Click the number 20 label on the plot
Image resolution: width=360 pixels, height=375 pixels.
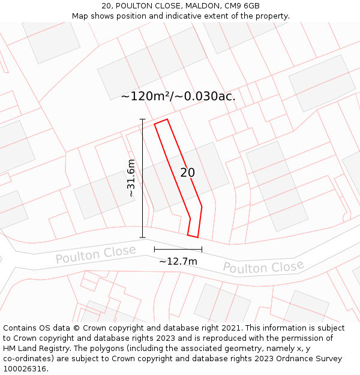[x=187, y=173]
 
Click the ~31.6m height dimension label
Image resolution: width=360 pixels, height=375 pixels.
[x=131, y=178]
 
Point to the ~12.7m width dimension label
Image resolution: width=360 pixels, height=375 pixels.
[x=178, y=261]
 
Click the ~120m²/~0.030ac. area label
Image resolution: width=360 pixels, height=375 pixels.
[x=178, y=96]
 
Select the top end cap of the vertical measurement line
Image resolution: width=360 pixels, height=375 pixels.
[x=142, y=119]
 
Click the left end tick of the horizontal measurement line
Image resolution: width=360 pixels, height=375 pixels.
[x=154, y=249]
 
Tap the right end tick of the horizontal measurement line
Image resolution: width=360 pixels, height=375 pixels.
[x=202, y=249]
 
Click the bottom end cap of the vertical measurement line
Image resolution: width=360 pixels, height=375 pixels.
[x=142, y=238]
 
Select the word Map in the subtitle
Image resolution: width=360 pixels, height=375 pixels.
[x=80, y=16]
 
